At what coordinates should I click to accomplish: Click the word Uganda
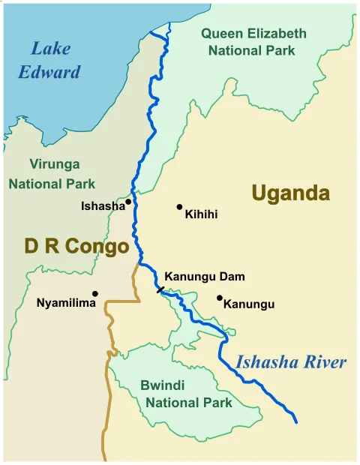(290, 193)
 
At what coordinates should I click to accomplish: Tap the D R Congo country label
(76, 246)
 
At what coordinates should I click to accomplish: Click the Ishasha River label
(291, 363)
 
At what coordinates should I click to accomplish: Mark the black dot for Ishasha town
(128, 202)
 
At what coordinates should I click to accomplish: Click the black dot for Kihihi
(179, 207)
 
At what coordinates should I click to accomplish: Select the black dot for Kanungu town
(219, 298)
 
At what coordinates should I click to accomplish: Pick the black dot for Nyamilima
(94, 293)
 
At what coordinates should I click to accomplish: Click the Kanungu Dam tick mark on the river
(160, 289)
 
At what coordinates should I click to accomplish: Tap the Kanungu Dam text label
(204, 277)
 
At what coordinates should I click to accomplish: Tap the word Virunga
(54, 164)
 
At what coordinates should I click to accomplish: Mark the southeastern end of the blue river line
(296, 422)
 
